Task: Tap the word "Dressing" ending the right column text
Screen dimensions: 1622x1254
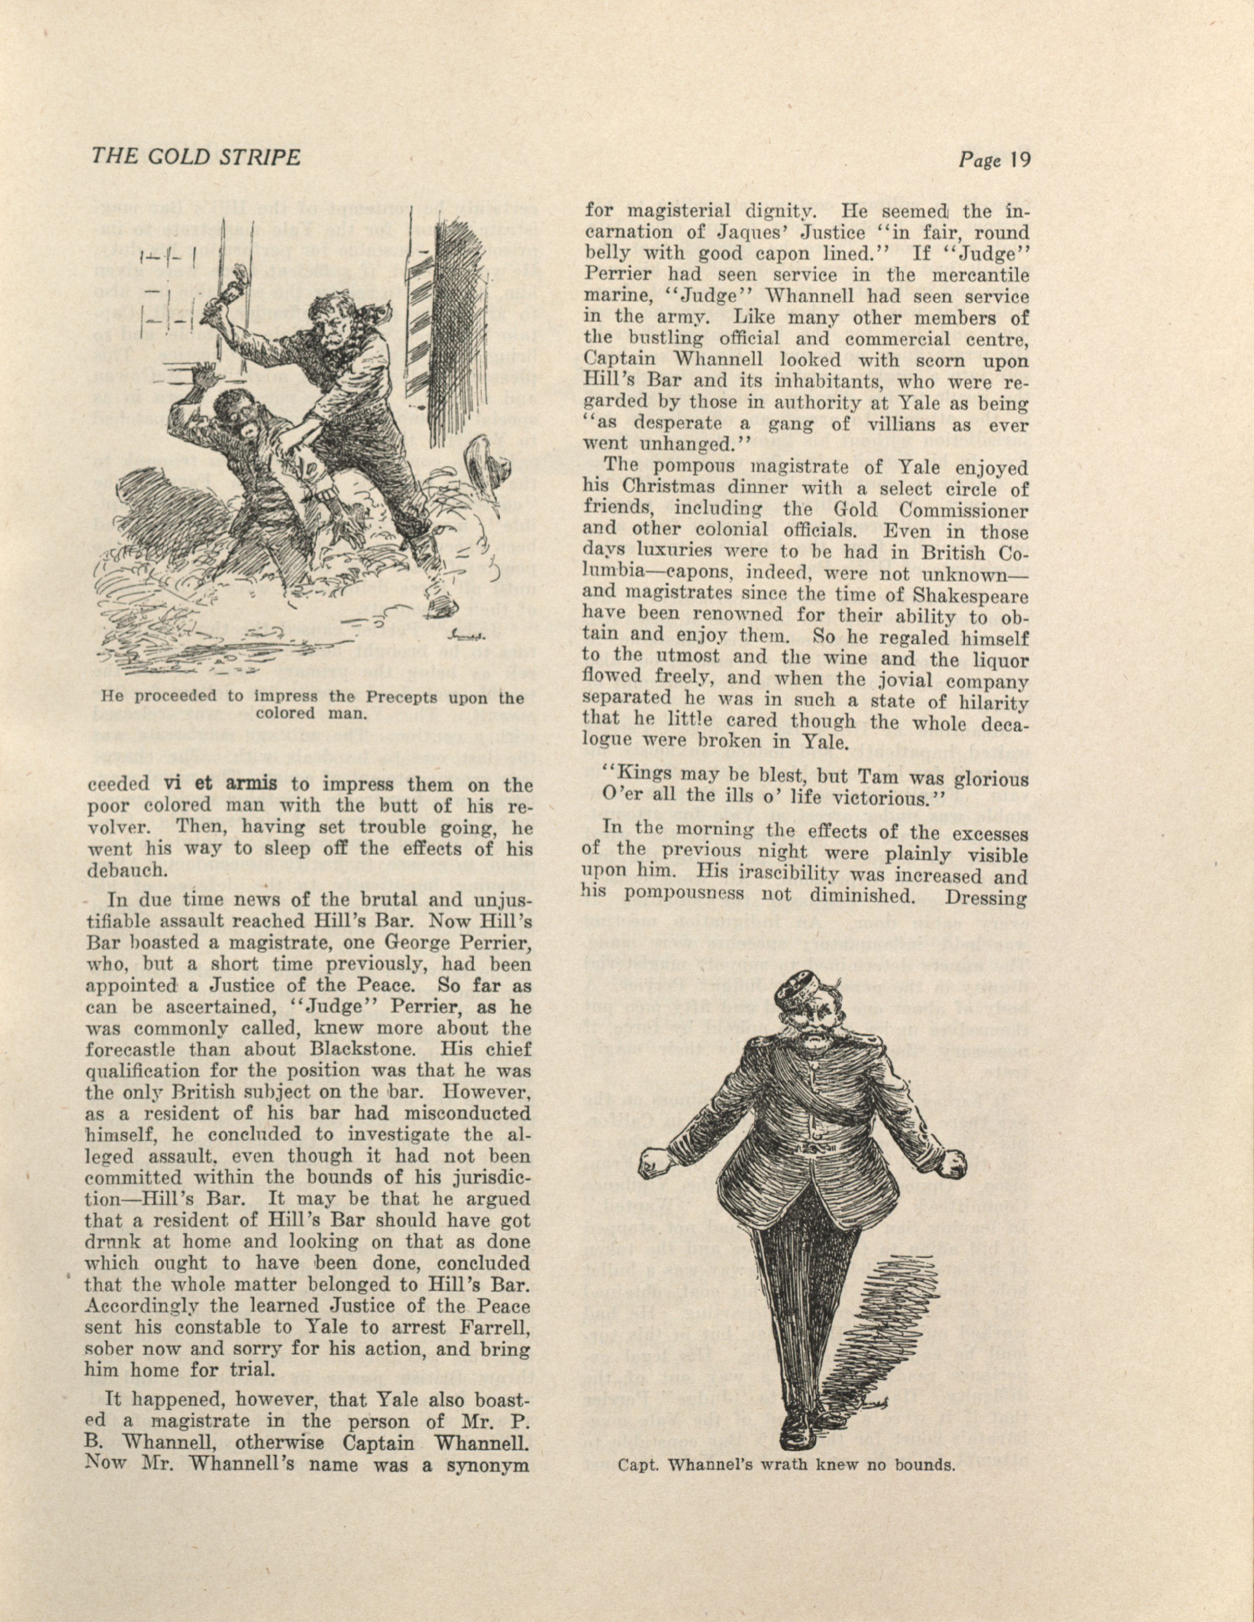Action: tap(986, 897)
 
